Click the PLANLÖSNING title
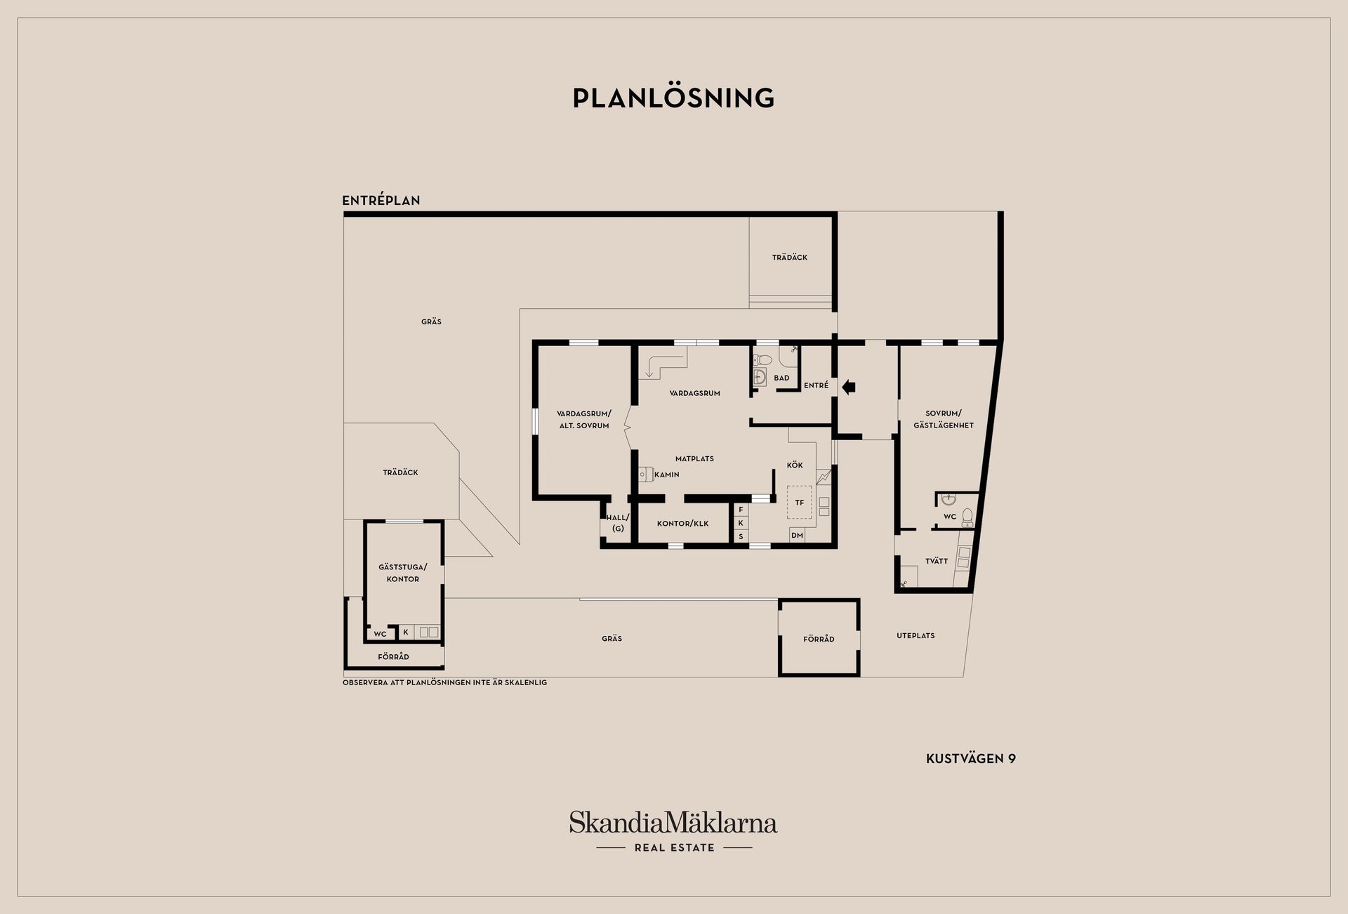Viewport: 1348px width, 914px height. (673, 98)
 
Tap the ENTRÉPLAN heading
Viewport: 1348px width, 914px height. (381, 201)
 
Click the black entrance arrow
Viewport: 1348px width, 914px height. (848, 386)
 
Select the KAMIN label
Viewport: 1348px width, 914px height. (666, 475)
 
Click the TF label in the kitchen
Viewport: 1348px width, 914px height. (799, 503)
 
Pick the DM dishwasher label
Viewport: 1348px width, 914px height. (797, 536)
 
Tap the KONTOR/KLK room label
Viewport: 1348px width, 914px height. (682, 524)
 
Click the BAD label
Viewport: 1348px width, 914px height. (781, 378)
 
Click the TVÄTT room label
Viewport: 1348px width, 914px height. (937, 562)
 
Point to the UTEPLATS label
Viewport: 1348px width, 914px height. (916, 636)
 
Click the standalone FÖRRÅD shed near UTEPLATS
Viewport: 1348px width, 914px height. (819, 639)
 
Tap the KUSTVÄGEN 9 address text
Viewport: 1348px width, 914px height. (971, 759)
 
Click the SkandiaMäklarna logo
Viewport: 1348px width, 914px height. (673, 823)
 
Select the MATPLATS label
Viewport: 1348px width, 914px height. (694, 459)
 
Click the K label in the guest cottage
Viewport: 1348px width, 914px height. (405, 632)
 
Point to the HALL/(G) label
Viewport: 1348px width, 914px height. (618, 523)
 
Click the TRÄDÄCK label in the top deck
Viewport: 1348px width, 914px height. (790, 258)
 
